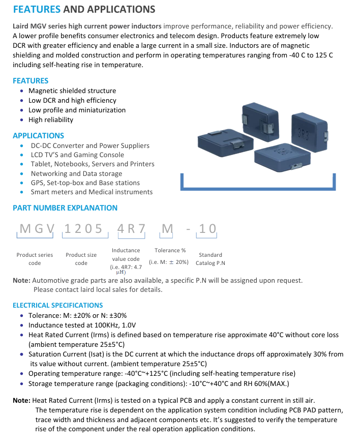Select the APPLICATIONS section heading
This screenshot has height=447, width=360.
tap(38, 135)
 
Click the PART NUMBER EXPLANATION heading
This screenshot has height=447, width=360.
tap(65, 207)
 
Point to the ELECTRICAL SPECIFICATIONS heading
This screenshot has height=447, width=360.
tap(57, 305)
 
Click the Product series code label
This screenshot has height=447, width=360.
tap(35, 259)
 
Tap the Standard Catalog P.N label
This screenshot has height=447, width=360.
tap(210, 259)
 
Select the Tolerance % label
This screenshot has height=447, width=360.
tap(170, 250)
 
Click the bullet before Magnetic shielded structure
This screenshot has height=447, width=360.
tap(21, 91)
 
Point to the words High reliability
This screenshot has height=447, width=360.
tap(51, 120)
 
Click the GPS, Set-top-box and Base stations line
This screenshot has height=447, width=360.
tap(85, 183)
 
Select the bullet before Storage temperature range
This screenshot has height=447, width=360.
tap(21, 383)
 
